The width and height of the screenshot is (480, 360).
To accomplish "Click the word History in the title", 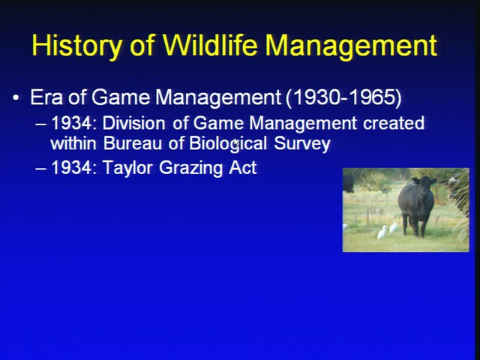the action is pyautogui.click(x=76, y=46).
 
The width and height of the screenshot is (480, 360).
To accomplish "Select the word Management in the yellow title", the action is pyautogui.click(x=351, y=46).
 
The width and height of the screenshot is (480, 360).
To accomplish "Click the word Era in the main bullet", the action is pyautogui.click(x=46, y=97).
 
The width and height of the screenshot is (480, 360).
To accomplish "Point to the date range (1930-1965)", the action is pyautogui.click(x=343, y=98).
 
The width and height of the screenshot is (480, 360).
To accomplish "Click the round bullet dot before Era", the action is pyautogui.click(x=16, y=98).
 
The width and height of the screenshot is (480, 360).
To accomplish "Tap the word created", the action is pyautogui.click(x=394, y=123).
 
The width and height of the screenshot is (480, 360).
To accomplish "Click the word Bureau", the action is pyautogui.click(x=132, y=143).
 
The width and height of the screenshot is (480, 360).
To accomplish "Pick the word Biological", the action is pyautogui.click(x=228, y=143).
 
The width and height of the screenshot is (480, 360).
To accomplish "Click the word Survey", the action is pyautogui.click(x=302, y=144).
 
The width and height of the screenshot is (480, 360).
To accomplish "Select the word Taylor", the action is pyautogui.click(x=127, y=168).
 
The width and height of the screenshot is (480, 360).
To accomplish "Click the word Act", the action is pyautogui.click(x=243, y=168).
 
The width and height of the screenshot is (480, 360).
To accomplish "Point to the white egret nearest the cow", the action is pyautogui.click(x=393, y=228).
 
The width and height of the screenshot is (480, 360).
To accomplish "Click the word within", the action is pyautogui.click(x=73, y=143).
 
